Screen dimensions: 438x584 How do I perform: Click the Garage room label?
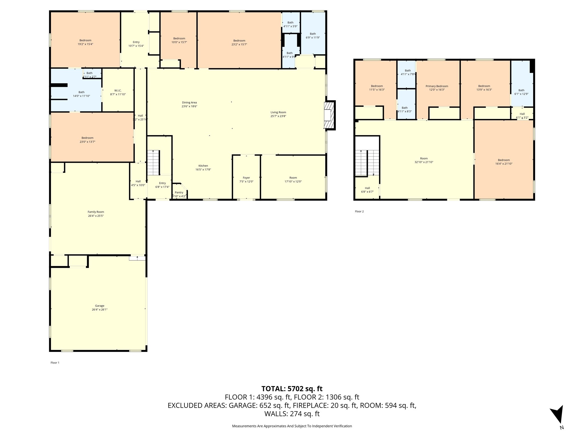[x=100, y=306]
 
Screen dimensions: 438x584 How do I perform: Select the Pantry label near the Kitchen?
[x=179, y=192]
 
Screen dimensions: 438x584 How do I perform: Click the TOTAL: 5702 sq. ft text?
[x=292, y=389]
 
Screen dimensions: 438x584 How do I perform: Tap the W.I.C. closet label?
[x=118, y=90]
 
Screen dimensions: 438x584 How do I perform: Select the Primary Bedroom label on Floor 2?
[x=437, y=86]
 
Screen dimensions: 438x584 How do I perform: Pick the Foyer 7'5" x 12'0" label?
[x=246, y=179]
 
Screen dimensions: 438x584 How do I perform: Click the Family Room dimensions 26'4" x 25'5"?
[x=96, y=216]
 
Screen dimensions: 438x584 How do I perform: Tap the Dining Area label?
[x=189, y=102]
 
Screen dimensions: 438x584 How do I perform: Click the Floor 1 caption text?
[x=55, y=363]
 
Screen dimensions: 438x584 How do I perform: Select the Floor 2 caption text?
[x=359, y=211]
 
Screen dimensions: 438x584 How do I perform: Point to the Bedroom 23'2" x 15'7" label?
[x=239, y=42]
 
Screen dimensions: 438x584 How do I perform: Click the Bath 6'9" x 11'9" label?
[x=313, y=35]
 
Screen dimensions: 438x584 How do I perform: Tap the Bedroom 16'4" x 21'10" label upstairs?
[x=504, y=162]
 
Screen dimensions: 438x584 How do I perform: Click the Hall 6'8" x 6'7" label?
[x=367, y=190]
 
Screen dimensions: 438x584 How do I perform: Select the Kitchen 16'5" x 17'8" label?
[x=203, y=167]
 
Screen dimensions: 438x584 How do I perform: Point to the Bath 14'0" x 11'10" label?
[x=81, y=94]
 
